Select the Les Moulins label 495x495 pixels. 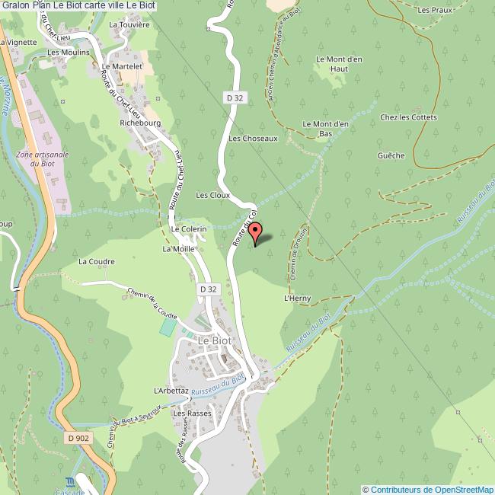(68, 53)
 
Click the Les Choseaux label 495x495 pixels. (253, 139)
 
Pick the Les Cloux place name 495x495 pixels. (212, 196)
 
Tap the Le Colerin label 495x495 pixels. (189, 229)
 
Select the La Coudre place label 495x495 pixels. (97, 262)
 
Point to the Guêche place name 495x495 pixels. (391, 155)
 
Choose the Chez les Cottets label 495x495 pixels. (409, 117)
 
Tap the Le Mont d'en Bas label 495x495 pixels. (326, 129)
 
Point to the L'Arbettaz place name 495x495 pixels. (171, 390)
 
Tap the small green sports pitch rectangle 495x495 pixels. (168, 327)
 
